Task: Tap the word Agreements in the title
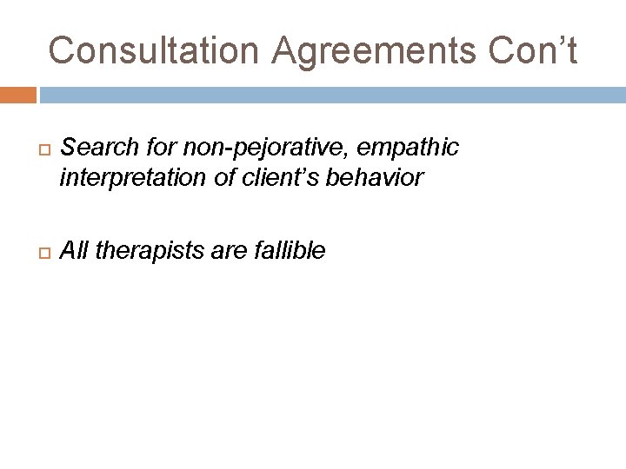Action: coord(374,50)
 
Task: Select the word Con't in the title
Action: coord(532,50)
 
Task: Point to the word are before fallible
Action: coord(229,252)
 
